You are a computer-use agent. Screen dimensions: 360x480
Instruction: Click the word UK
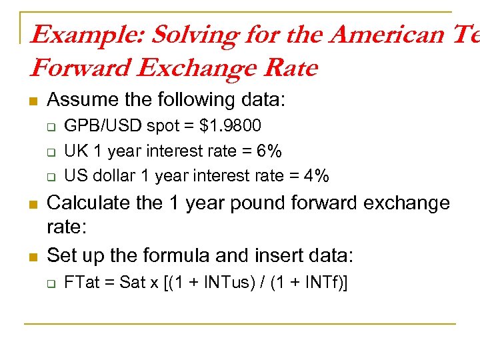74,151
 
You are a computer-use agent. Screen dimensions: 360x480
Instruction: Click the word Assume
83,100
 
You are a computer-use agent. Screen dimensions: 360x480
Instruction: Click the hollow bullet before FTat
49,283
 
